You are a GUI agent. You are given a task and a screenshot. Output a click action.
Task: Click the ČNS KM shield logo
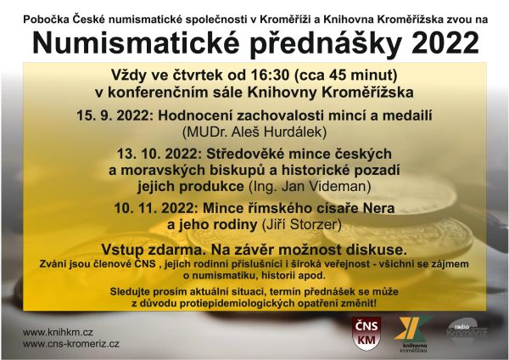[366, 334]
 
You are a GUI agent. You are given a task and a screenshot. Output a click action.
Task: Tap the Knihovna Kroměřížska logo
[413, 334]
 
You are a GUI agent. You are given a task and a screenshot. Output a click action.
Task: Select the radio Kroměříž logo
[467, 329]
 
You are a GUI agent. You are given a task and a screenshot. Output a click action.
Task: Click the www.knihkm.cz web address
[58, 332]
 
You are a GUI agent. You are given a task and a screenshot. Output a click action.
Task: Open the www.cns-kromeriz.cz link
[70, 344]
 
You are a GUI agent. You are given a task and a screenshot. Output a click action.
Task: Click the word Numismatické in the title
[136, 43]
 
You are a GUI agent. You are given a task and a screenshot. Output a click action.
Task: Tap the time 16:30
[267, 75]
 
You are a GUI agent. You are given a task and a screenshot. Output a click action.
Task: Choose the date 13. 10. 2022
[159, 154]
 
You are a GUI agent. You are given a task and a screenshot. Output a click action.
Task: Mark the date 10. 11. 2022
[156, 208]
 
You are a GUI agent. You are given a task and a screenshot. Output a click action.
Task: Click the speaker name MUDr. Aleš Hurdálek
[255, 132]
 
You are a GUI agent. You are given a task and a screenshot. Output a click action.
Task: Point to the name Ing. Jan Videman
[310, 187]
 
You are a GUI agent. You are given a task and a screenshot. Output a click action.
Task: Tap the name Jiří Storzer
[301, 224]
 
